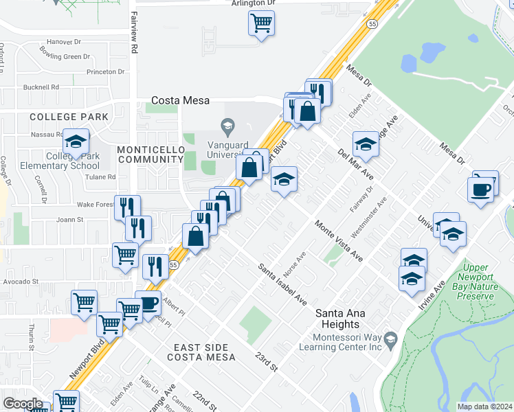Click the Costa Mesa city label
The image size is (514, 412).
coord(180,100)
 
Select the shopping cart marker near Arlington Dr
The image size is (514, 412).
coord(261,24)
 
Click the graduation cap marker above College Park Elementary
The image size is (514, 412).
coord(76,143)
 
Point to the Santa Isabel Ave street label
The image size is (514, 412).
coord(282,284)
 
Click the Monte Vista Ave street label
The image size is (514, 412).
coord(338,240)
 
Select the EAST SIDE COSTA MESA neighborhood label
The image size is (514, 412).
coord(204,352)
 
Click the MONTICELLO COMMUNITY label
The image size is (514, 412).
coord(149,154)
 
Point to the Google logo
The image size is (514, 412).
coord(23,404)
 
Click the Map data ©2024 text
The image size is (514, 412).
coord(484,407)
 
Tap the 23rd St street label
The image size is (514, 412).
coord(265,363)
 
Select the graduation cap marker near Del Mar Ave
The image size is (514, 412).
coord(366,145)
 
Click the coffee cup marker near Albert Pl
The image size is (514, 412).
coord(148,304)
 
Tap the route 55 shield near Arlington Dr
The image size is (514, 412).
coord(371,23)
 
